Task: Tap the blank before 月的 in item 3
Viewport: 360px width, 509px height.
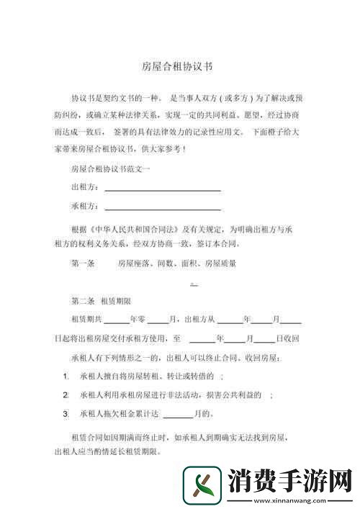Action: pos(177,415)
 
